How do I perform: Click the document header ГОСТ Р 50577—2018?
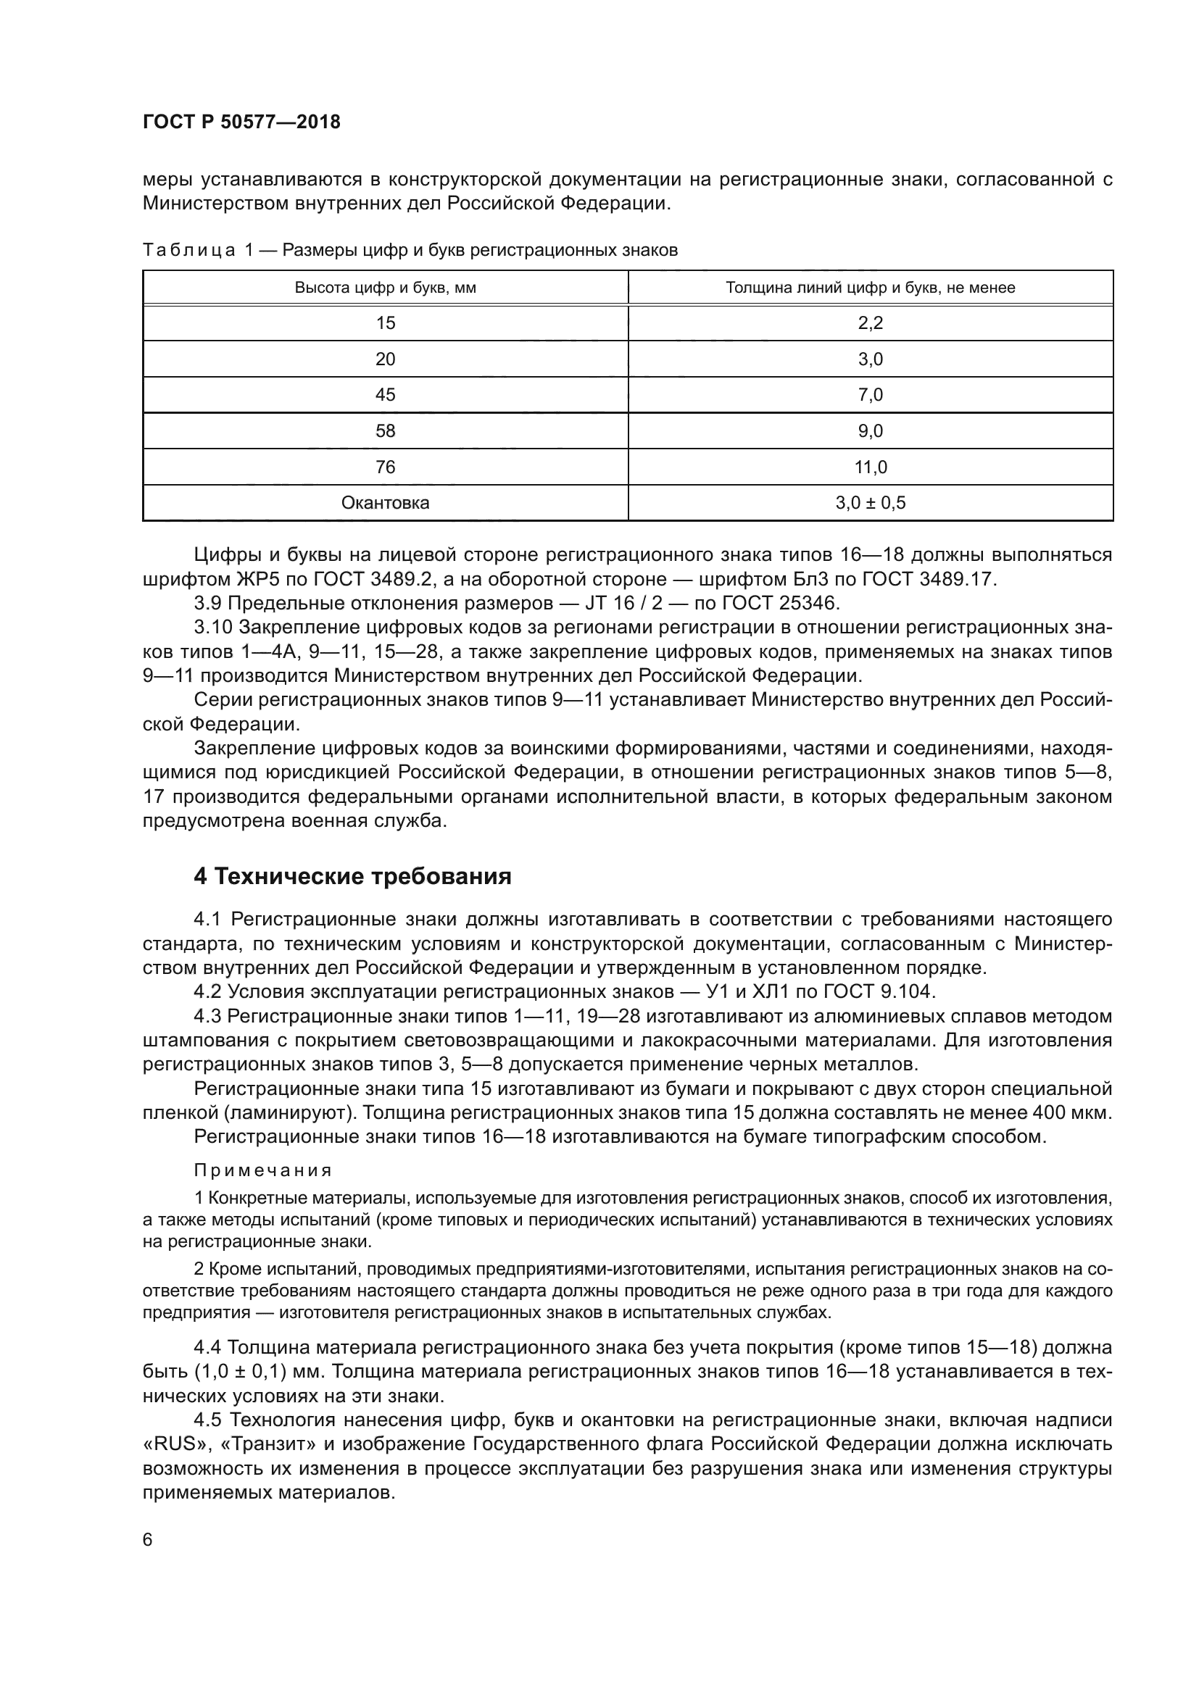[x=241, y=122]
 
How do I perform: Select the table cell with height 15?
[x=385, y=322]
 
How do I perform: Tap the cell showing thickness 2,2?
[x=871, y=322]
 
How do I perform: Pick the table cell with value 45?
[x=385, y=395]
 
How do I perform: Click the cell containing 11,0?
[x=871, y=467]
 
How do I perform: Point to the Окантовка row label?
[x=385, y=504]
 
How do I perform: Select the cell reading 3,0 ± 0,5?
[x=871, y=504]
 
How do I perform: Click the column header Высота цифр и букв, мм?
[x=385, y=288]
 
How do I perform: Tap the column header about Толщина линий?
[x=871, y=288]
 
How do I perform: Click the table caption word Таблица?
[x=189, y=251]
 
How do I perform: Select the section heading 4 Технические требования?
[x=352, y=877]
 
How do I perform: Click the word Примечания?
[x=263, y=1171]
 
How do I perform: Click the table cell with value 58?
[x=385, y=431]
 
